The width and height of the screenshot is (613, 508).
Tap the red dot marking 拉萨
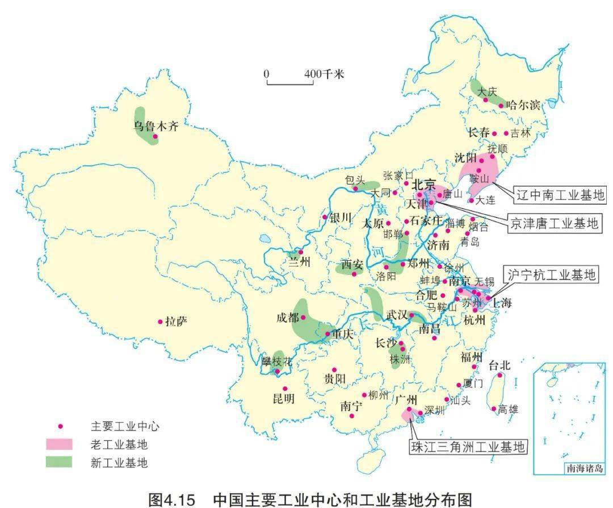[160, 322]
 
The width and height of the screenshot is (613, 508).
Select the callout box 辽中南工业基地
[560, 195]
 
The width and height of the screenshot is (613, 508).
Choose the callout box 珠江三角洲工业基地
[468, 446]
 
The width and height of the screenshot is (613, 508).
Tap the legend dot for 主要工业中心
[60, 426]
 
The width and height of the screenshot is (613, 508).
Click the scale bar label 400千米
[324, 74]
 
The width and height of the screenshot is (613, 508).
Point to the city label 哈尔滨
[523, 105]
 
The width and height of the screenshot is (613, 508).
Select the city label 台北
[499, 364]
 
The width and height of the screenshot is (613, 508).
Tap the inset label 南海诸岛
[585, 469]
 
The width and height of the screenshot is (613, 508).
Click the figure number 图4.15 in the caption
[171, 499]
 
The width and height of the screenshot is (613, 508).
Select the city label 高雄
[508, 409]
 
